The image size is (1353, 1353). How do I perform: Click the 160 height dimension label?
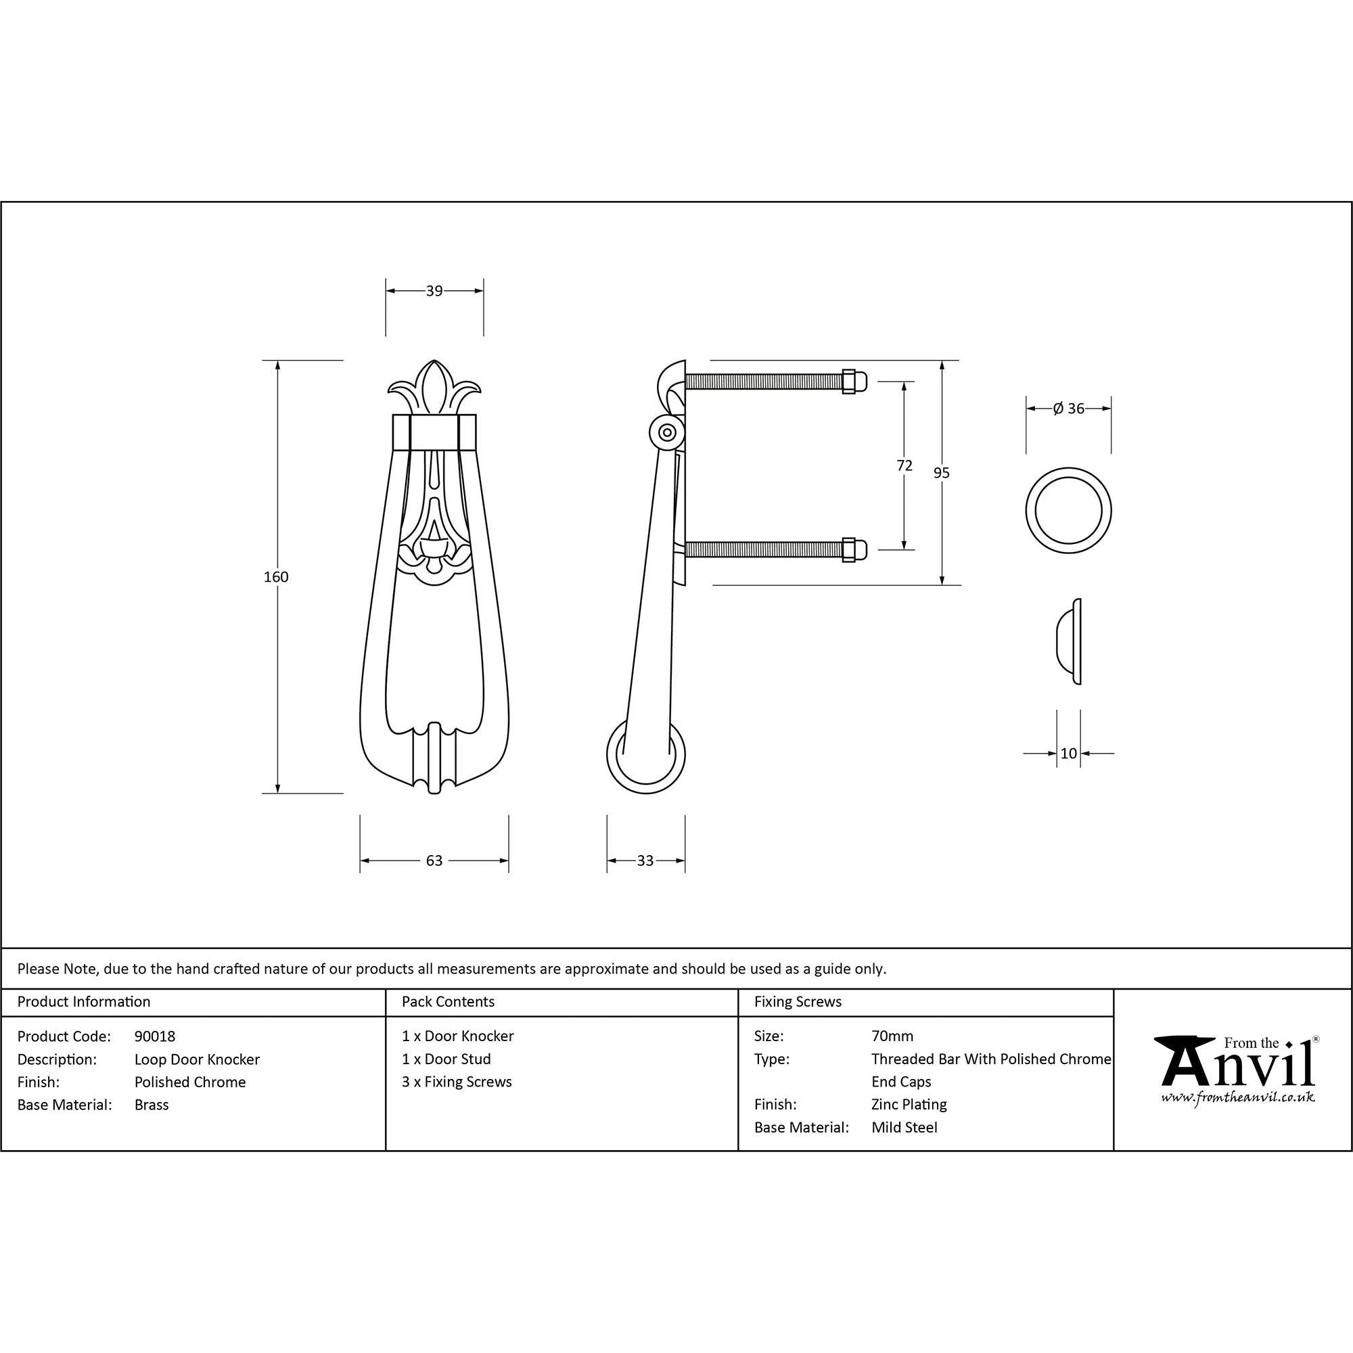[276, 577]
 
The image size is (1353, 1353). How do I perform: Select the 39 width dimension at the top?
[434, 291]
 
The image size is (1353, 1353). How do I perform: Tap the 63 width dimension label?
[434, 860]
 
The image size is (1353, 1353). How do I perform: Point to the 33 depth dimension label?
[645, 860]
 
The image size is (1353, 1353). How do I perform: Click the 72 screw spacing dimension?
[904, 465]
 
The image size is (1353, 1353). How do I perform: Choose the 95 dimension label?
[941, 474]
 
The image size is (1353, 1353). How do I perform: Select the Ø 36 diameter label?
[1068, 409]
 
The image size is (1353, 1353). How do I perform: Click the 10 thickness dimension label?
[1068, 754]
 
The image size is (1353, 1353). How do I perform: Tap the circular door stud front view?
[1068, 510]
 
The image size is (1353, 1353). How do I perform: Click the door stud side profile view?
[1070, 641]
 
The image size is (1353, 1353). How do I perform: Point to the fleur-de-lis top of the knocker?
[435, 388]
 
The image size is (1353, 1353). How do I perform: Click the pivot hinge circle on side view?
[667, 432]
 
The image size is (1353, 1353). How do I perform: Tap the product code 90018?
[155, 1036]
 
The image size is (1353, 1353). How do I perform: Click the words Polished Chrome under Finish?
[190, 1082]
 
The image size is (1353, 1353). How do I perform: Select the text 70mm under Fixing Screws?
[892, 1036]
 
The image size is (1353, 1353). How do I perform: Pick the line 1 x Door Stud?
[446, 1059]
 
